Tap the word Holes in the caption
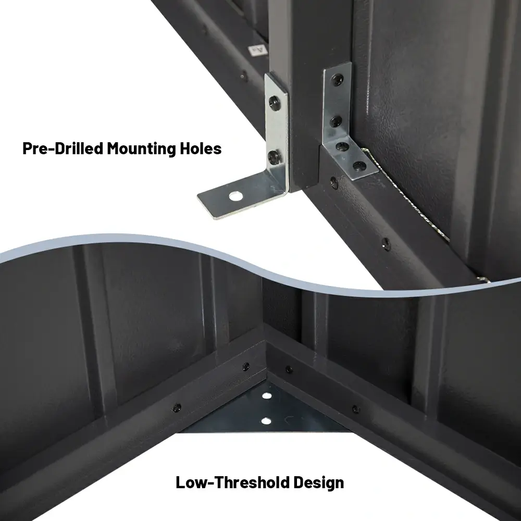[200, 148]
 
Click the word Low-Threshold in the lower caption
[226, 482]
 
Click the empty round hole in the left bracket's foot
[237, 196]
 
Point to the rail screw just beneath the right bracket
[333, 182]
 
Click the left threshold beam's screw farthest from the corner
[177, 406]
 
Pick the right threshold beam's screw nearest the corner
[289, 370]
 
